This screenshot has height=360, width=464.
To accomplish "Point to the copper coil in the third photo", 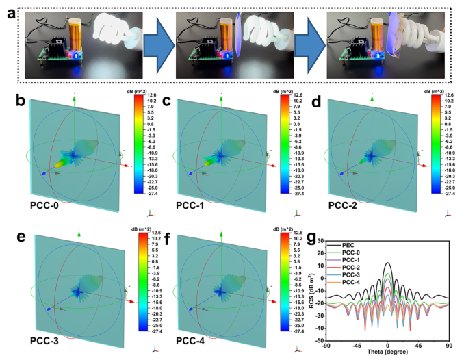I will point(374,36).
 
